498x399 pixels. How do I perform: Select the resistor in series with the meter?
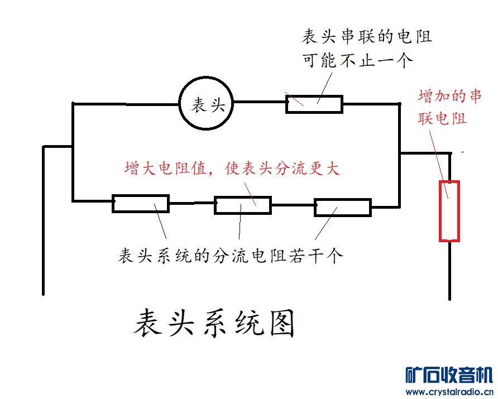click(314, 104)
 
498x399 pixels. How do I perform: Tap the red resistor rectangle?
click(449, 211)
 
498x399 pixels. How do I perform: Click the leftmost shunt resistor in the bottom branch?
click(140, 204)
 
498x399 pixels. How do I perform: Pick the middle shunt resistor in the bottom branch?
click(243, 205)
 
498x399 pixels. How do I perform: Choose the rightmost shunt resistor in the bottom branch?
click(343, 207)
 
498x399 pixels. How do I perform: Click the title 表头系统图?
click(214, 324)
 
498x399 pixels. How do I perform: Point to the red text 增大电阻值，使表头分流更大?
click(232, 169)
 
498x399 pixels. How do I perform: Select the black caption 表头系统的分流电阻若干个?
click(230, 256)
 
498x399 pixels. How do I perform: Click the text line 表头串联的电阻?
click(367, 38)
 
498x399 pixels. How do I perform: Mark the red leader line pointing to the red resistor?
click(440, 162)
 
